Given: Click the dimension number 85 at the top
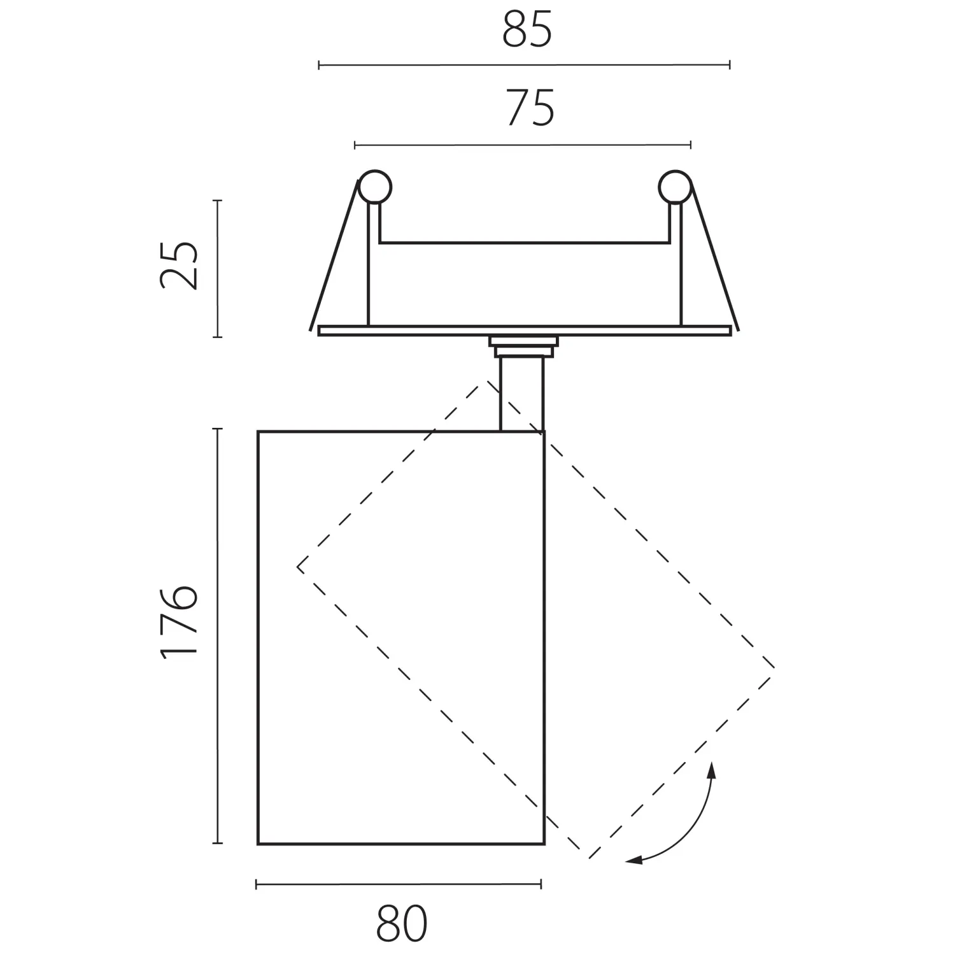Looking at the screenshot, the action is [527, 30].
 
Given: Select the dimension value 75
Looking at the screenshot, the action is [530, 108].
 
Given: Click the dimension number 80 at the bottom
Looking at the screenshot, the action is [402, 924].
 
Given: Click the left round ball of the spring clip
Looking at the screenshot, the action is [374, 187].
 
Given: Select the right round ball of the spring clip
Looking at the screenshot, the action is [675, 187].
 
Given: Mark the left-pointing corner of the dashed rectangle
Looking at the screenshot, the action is [298, 566].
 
